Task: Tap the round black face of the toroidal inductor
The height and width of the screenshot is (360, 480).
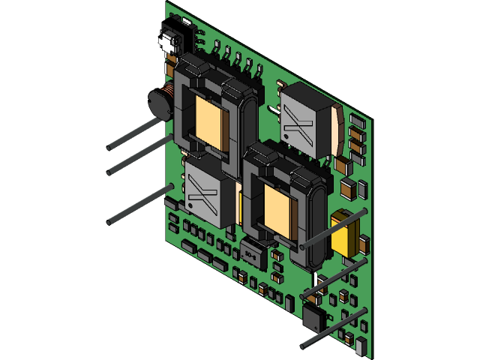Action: click(x=156, y=104)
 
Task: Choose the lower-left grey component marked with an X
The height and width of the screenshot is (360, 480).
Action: click(x=201, y=194)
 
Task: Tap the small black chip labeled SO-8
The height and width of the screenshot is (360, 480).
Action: click(x=249, y=253)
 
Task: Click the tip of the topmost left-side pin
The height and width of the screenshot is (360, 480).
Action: click(x=109, y=145)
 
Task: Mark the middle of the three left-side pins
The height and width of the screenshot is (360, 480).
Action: click(x=110, y=172)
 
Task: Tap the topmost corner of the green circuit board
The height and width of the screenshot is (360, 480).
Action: click(x=167, y=3)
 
